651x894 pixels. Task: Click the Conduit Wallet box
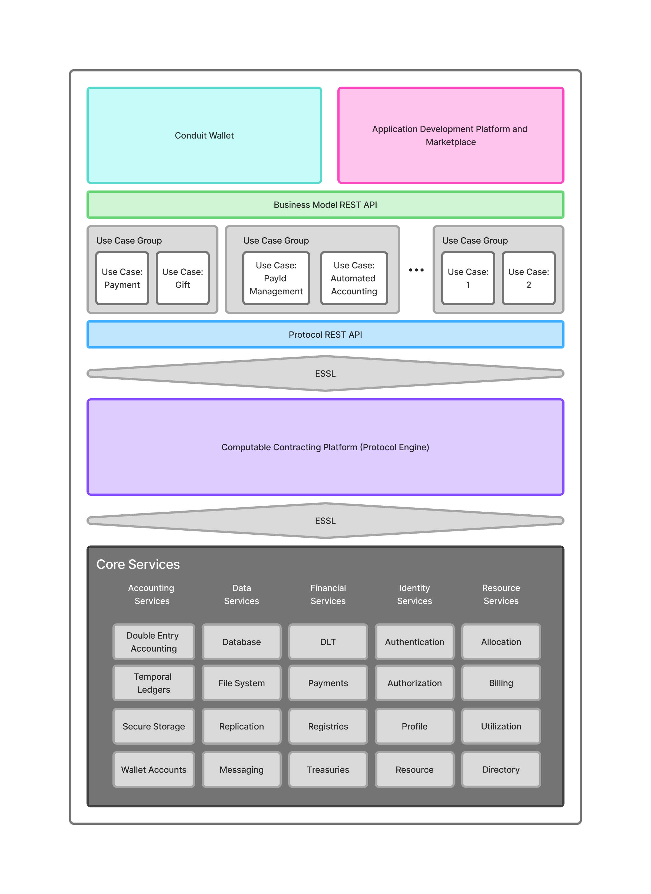point(204,135)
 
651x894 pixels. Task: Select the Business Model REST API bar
point(325,205)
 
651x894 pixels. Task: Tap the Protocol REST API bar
point(325,334)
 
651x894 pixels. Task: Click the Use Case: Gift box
point(182,278)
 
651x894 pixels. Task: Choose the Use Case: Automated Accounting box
point(354,278)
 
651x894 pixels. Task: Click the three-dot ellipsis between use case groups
point(416,270)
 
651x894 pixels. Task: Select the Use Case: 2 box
point(529,278)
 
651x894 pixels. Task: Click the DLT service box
point(328,642)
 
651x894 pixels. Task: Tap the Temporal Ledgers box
point(154,683)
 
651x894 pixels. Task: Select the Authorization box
point(414,683)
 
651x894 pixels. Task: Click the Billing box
point(501,683)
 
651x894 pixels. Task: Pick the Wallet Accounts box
point(154,769)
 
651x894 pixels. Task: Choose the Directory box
point(501,769)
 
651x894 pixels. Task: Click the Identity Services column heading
point(414,594)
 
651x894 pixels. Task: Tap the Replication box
point(242,726)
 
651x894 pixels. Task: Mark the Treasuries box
point(328,769)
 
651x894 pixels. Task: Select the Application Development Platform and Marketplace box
point(450,135)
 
